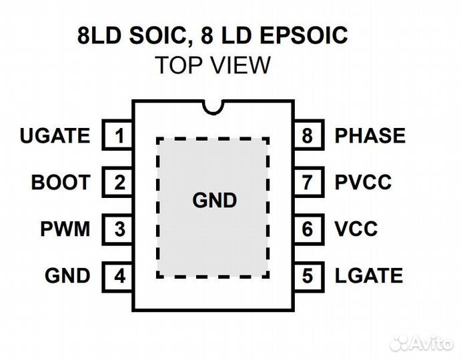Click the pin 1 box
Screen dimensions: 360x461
[x=119, y=136]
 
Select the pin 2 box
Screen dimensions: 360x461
[x=119, y=182]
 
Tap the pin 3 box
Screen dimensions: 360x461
[x=119, y=229]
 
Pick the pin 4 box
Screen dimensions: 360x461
[x=119, y=275]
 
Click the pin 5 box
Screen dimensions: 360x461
[x=307, y=275]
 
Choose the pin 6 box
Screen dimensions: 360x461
[x=307, y=229]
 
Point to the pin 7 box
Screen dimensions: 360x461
[x=307, y=182]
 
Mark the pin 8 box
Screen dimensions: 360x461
[x=307, y=136]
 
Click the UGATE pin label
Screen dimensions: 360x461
[x=55, y=136]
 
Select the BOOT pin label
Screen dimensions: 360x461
[x=60, y=182]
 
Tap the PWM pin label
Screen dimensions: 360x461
[x=65, y=229]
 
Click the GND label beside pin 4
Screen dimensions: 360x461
[x=67, y=275]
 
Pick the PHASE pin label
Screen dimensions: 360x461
[x=370, y=136]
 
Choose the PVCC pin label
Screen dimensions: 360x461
[x=363, y=182]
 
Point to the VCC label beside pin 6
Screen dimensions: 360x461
[x=356, y=229]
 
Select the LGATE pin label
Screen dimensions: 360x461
[x=368, y=275]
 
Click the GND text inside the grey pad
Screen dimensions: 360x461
[x=214, y=200]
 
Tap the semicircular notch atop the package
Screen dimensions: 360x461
[x=214, y=106]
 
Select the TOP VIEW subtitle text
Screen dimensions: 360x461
[x=213, y=65]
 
